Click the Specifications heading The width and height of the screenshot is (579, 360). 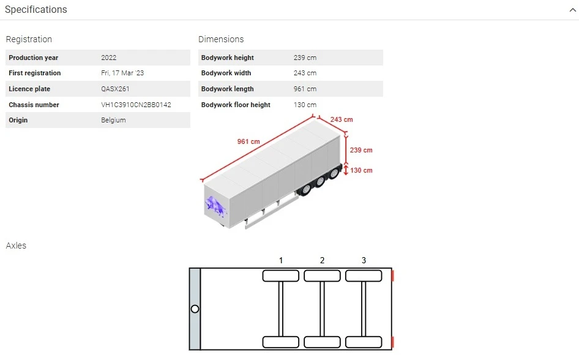tap(36, 10)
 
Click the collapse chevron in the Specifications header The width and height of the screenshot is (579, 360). tap(572, 10)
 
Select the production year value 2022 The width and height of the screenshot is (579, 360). tap(108, 58)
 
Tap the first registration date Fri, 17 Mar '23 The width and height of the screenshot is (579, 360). tap(122, 73)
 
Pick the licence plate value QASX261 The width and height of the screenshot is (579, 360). tap(115, 89)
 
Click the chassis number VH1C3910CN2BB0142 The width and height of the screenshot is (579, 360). tap(136, 105)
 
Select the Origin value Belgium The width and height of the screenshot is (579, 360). tap(113, 120)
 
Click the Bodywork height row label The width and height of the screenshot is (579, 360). tap(227, 58)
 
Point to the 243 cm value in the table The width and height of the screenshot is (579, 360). tap(305, 73)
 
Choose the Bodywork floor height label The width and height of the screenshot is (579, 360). tap(236, 105)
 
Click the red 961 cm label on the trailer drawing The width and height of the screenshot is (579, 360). tap(248, 141)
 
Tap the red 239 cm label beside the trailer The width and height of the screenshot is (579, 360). tap(360, 150)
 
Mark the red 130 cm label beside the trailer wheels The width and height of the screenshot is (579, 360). tap(360, 170)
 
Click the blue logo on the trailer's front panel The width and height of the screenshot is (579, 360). tap(215, 205)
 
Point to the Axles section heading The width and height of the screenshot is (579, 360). tap(16, 246)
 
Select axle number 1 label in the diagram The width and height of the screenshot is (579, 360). tap(281, 260)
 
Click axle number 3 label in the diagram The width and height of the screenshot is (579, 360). tap(364, 260)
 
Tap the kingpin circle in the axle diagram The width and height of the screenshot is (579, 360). tap(195, 309)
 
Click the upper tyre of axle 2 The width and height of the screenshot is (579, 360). tap(322, 276)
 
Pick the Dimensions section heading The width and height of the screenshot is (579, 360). tap(221, 39)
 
